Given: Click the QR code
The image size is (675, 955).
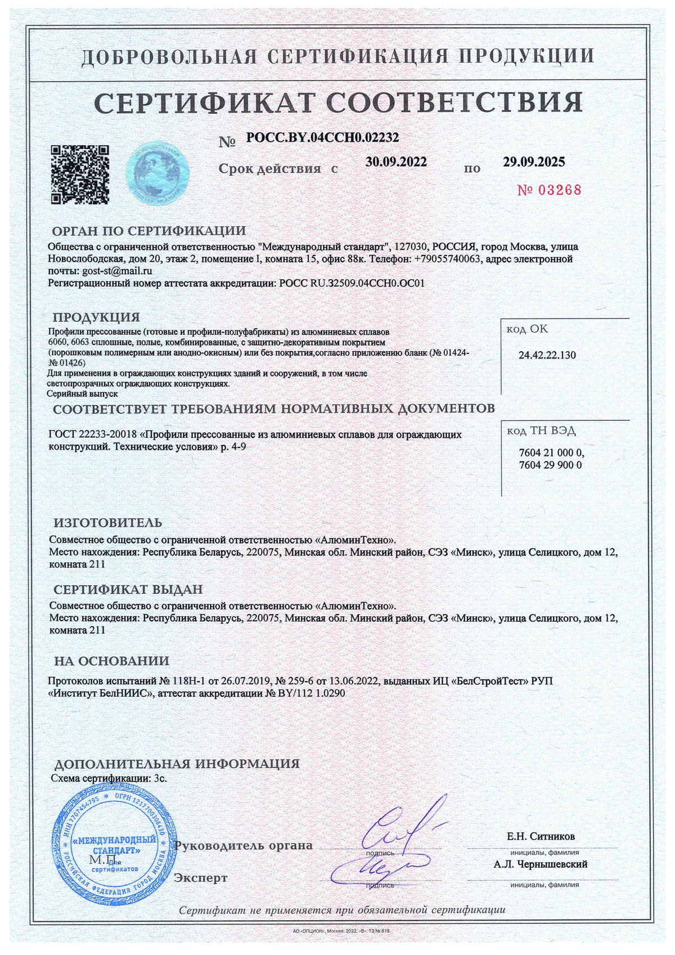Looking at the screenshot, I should [80, 175].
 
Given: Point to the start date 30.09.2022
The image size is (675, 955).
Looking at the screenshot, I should [396, 162].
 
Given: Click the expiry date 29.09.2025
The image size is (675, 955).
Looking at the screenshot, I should [534, 162].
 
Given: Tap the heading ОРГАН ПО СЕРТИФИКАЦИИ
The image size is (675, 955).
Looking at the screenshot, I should [148, 231].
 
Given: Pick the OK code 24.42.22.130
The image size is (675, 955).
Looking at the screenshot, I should [547, 355].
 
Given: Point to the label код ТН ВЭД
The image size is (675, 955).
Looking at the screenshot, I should [541, 431].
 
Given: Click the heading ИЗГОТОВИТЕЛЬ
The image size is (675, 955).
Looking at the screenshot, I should [107, 522].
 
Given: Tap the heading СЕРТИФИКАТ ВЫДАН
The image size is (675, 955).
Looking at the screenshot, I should [128, 589].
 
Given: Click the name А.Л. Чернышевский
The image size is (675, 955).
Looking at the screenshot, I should [541, 864].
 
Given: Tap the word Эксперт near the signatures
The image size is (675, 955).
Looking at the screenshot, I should [201, 877].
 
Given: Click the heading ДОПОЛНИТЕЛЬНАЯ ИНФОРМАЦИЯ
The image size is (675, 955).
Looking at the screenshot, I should [176, 764].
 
